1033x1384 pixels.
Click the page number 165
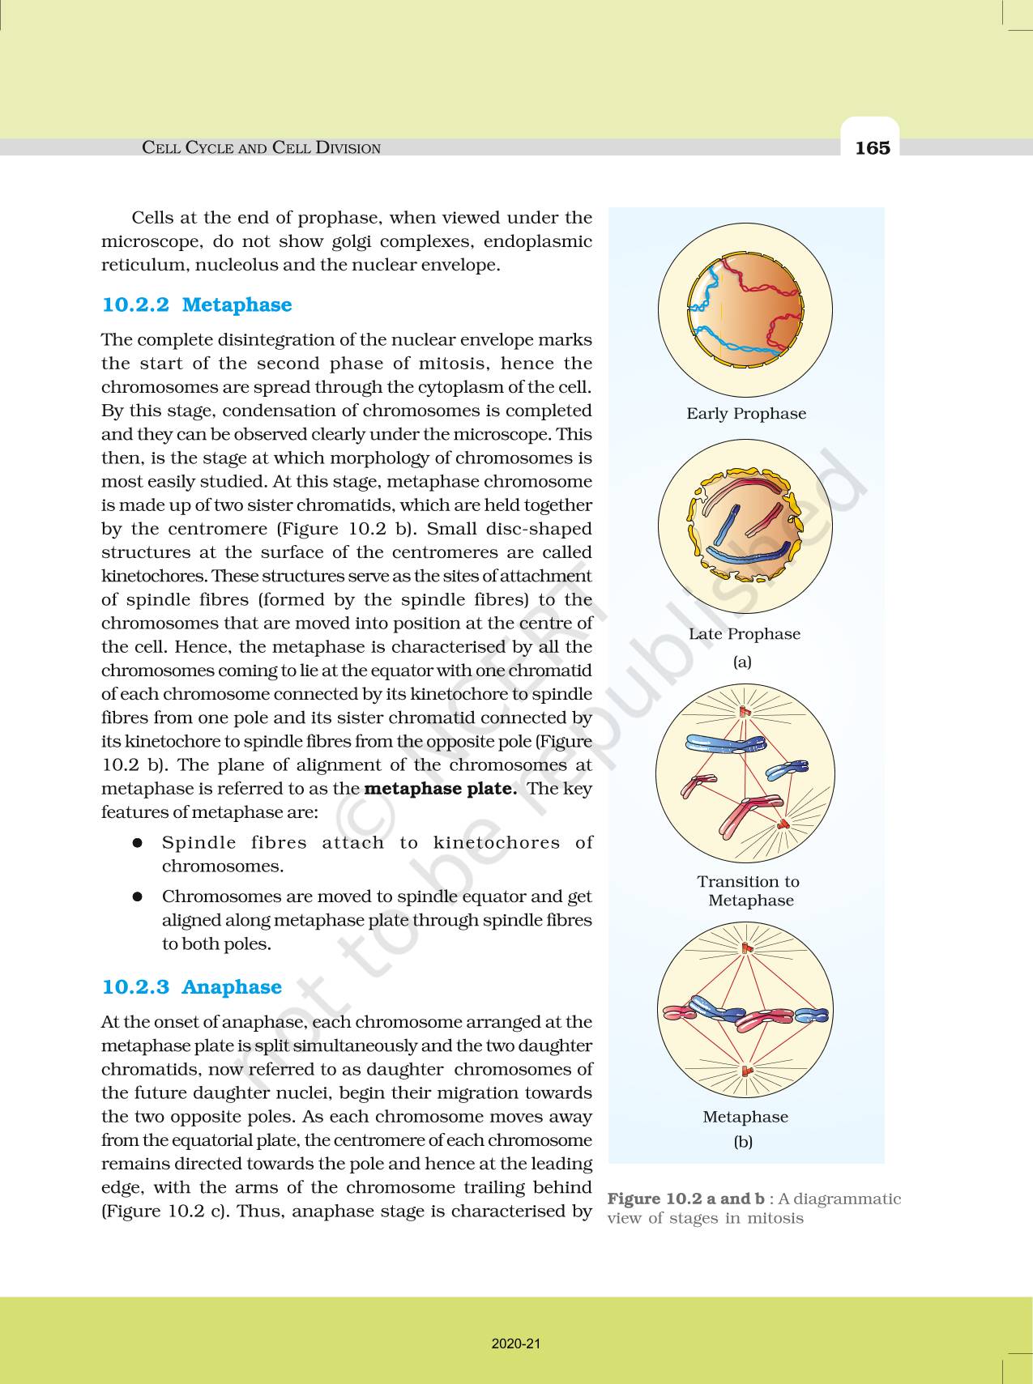(872, 147)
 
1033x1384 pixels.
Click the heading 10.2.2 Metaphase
(196, 304)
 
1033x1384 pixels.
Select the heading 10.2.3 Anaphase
(191, 986)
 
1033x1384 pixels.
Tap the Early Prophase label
(745, 413)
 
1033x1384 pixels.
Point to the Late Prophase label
(744, 633)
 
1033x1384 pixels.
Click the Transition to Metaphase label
(749, 890)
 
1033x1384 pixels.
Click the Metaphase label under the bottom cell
(745, 1116)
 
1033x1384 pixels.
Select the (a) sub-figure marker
(742, 662)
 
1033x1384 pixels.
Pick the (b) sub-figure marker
(742, 1142)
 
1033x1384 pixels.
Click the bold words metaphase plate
(440, 788)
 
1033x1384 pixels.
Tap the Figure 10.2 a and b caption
(753, 1207)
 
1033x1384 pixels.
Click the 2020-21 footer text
(515, 1344)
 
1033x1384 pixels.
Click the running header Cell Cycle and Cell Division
(261, 147)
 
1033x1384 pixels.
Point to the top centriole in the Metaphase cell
(746, 948)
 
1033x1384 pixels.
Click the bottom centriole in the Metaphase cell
(747, 1071)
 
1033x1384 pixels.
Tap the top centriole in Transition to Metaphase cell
(745, 712)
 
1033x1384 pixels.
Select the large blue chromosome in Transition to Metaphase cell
(724, 743)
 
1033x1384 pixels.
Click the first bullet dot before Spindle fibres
(138, 842)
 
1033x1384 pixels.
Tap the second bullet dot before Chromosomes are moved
(138, 896)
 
